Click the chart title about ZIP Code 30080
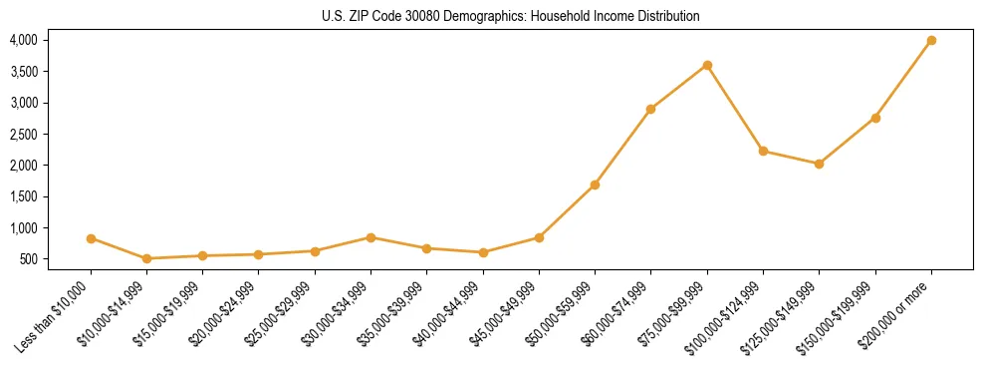tap(511, 16)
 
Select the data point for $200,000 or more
tap(931, 40)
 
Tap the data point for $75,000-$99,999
tap(707, 65)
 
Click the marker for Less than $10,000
tap(91, 238)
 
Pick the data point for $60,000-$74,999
tap(650, 109)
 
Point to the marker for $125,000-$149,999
tap(819, 164)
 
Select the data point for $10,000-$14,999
tap(147, 258)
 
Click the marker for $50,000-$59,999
tap(595, 184)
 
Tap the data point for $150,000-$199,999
tap(875, 118)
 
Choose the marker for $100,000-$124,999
tap(763, 151)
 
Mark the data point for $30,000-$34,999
tap(370, 237)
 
